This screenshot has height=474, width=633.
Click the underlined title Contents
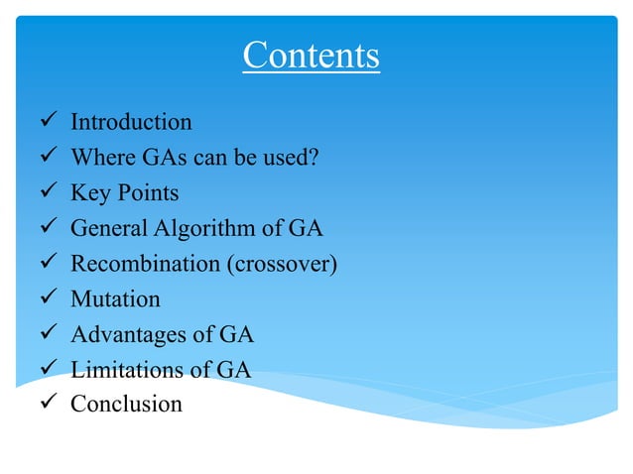[x=311, y=56]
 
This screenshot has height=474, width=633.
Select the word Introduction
[x=131, y=123]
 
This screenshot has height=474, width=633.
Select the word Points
[x=147, y=193]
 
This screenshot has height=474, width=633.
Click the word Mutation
[x=115, y=298]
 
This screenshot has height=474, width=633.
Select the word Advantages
[x=129, y=334]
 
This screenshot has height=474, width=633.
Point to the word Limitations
[x=126, y=370]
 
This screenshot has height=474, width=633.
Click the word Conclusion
[x=126, y=404]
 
